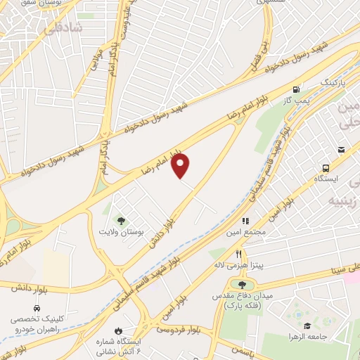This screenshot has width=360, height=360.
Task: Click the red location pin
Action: [x=181, y=166]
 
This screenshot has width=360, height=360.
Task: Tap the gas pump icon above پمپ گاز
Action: [x=296, y=89]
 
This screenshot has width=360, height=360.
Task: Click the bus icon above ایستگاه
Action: [x=326, y=168]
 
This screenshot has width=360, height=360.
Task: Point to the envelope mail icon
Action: [x=341, y=149]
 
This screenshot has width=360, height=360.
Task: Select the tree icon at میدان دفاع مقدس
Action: [x=243, y=285]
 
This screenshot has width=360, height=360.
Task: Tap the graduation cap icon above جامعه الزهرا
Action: [x=307, y=326]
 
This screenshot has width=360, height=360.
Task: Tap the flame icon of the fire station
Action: [x=118, y=329]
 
